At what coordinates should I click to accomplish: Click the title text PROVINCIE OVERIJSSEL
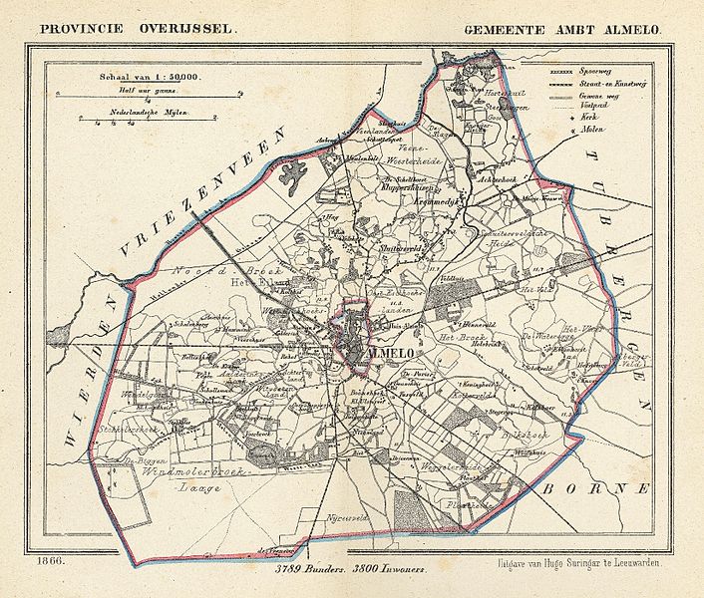pyautogui.click(x=138, y=29)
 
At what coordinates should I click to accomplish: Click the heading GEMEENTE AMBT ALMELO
pyautogui.click(x=561, y=29)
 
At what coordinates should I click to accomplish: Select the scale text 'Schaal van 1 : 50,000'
pyautogui.click(x=148, y=77)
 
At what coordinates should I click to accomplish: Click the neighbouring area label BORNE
pyautogui.click(x=598, y=488)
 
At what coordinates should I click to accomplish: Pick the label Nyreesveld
pyautogui.click(x=345, y=520)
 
